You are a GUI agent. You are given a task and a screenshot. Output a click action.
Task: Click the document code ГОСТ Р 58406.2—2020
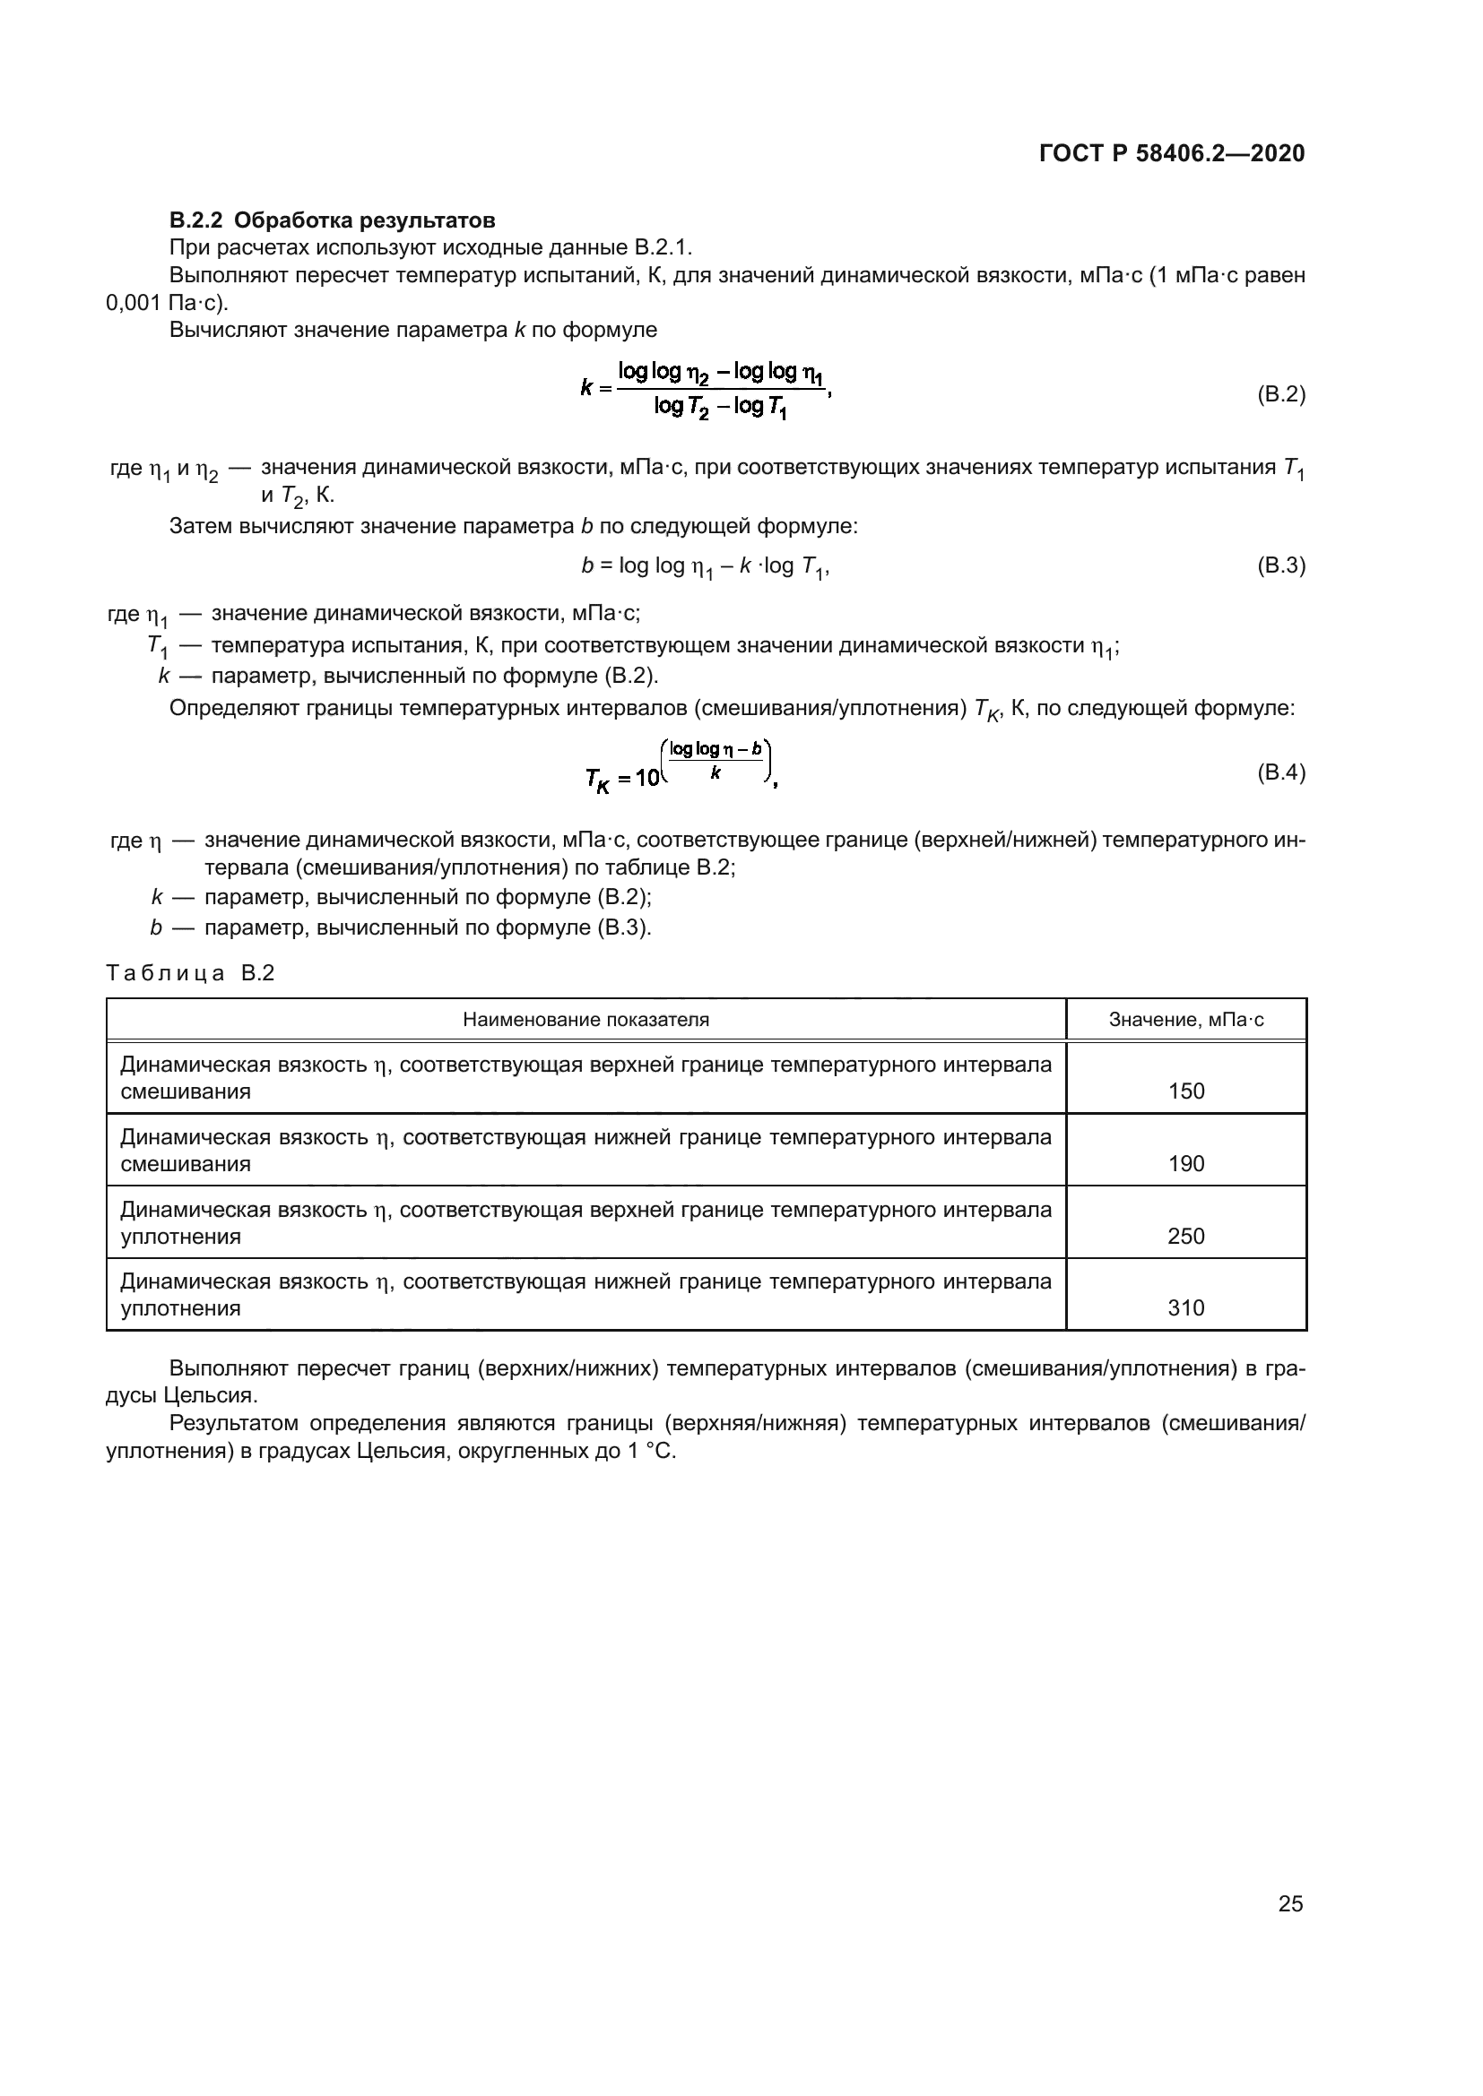click(1172, 153)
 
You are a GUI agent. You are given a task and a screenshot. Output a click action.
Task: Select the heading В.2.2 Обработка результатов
click(333, 220)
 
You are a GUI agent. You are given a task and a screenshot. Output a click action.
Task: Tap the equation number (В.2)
click(1281, 394)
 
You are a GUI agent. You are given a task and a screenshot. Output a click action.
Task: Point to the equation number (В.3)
click(1281, 565)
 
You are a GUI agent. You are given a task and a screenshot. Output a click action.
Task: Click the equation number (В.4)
click(1281, 772)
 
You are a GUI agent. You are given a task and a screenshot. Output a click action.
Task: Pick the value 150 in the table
click(1186, 1091)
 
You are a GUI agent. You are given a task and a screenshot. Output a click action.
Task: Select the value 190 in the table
click(1186, 1163)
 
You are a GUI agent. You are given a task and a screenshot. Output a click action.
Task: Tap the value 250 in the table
click(1186, 1236)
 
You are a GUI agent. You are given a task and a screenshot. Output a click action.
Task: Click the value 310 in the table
click(1186, 1307)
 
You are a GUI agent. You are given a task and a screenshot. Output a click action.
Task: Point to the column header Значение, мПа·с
click(1186, 1020)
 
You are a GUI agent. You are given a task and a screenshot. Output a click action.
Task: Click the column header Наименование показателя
click(585, 1020)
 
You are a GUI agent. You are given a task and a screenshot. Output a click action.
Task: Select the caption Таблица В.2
click(190, 973)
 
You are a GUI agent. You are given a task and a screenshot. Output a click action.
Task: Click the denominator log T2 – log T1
click(721, 407)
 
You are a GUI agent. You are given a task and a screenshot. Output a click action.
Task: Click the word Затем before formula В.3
click(200, 526)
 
